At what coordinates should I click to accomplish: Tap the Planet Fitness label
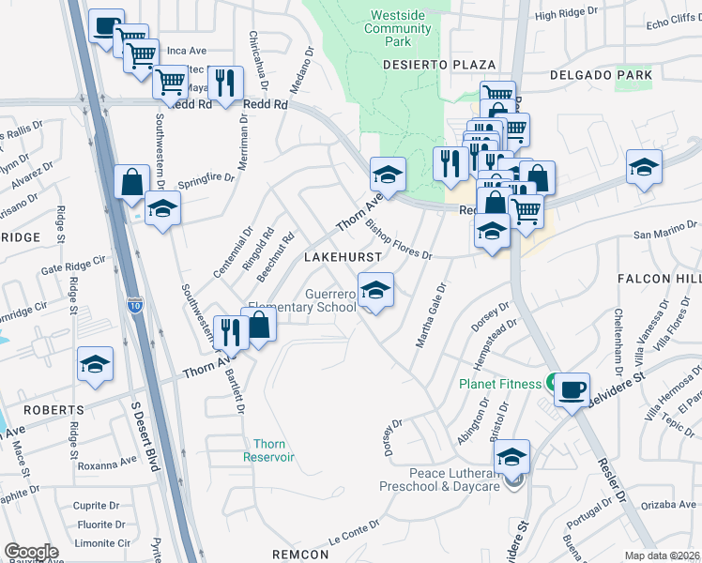point(499,384)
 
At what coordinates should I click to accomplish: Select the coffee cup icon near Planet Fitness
point(572,388)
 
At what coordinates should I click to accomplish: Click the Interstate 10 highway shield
point(135,304)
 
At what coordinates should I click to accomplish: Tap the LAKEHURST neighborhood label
point(343,256)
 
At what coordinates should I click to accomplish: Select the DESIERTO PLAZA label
point(439,65)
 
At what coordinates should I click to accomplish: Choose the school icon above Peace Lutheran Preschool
point(511,457)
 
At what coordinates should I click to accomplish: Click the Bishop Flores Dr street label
point(398,239)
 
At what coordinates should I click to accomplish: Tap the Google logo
point(31,552)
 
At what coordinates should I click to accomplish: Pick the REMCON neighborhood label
point(301,555)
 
